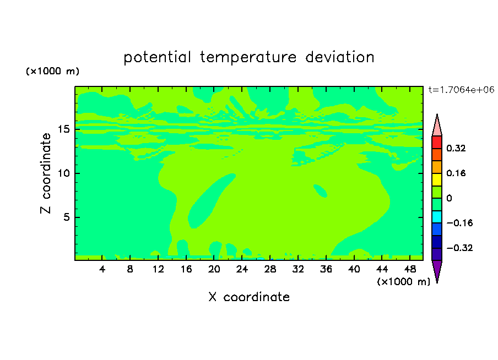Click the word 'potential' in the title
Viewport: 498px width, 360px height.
(x=157, y=57)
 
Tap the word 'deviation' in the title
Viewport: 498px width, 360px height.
(x=339, y=57)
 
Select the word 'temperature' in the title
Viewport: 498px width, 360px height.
(x=248, y=57)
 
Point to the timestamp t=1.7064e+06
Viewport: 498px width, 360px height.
(x=462, y=90)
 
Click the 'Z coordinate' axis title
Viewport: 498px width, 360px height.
(x=46, y=173)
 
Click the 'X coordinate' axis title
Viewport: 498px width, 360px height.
(x=249, y=297)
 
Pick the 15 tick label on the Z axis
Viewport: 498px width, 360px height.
(x=63, y=129)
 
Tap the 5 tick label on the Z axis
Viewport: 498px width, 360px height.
(x=66, y=217)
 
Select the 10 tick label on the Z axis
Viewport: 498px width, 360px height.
(x=63, y=173)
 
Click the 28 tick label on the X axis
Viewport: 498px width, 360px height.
(x=270, y=269)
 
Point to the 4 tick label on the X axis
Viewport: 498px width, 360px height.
(x=102, y=269)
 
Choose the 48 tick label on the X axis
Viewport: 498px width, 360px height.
(x=410, y=269)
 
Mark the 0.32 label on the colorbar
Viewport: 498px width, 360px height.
(x=456, y=148)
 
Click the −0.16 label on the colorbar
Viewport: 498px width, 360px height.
(x=459, y=223)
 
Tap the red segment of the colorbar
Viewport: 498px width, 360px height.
(x=437, y=142)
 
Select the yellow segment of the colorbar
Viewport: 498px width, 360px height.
(x=437, y=179)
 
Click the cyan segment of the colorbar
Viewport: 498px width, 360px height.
(x=437, y=216)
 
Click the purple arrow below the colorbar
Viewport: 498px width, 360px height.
(x=437, y=270)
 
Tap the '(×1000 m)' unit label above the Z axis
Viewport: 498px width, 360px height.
(x=52, y=71)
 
